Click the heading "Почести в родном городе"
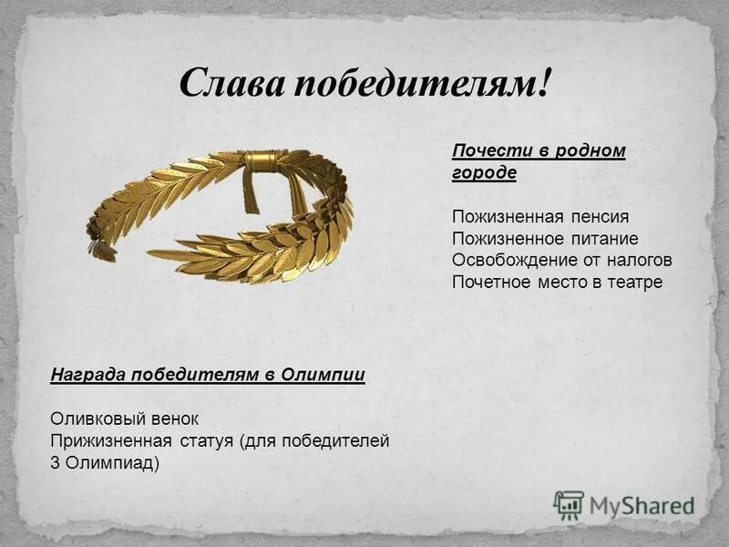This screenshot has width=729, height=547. (539, 161)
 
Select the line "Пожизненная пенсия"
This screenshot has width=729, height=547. (540, 217)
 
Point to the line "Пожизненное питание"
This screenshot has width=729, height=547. (544, 239)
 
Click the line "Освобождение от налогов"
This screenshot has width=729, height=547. (561, 260)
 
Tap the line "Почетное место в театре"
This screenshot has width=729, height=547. (557, 282)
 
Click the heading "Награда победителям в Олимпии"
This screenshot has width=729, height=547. (208, 375)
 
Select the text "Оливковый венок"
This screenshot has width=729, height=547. (124, 418)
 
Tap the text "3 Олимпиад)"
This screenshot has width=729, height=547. (105, 462)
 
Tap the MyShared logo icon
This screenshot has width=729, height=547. (569, 503)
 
